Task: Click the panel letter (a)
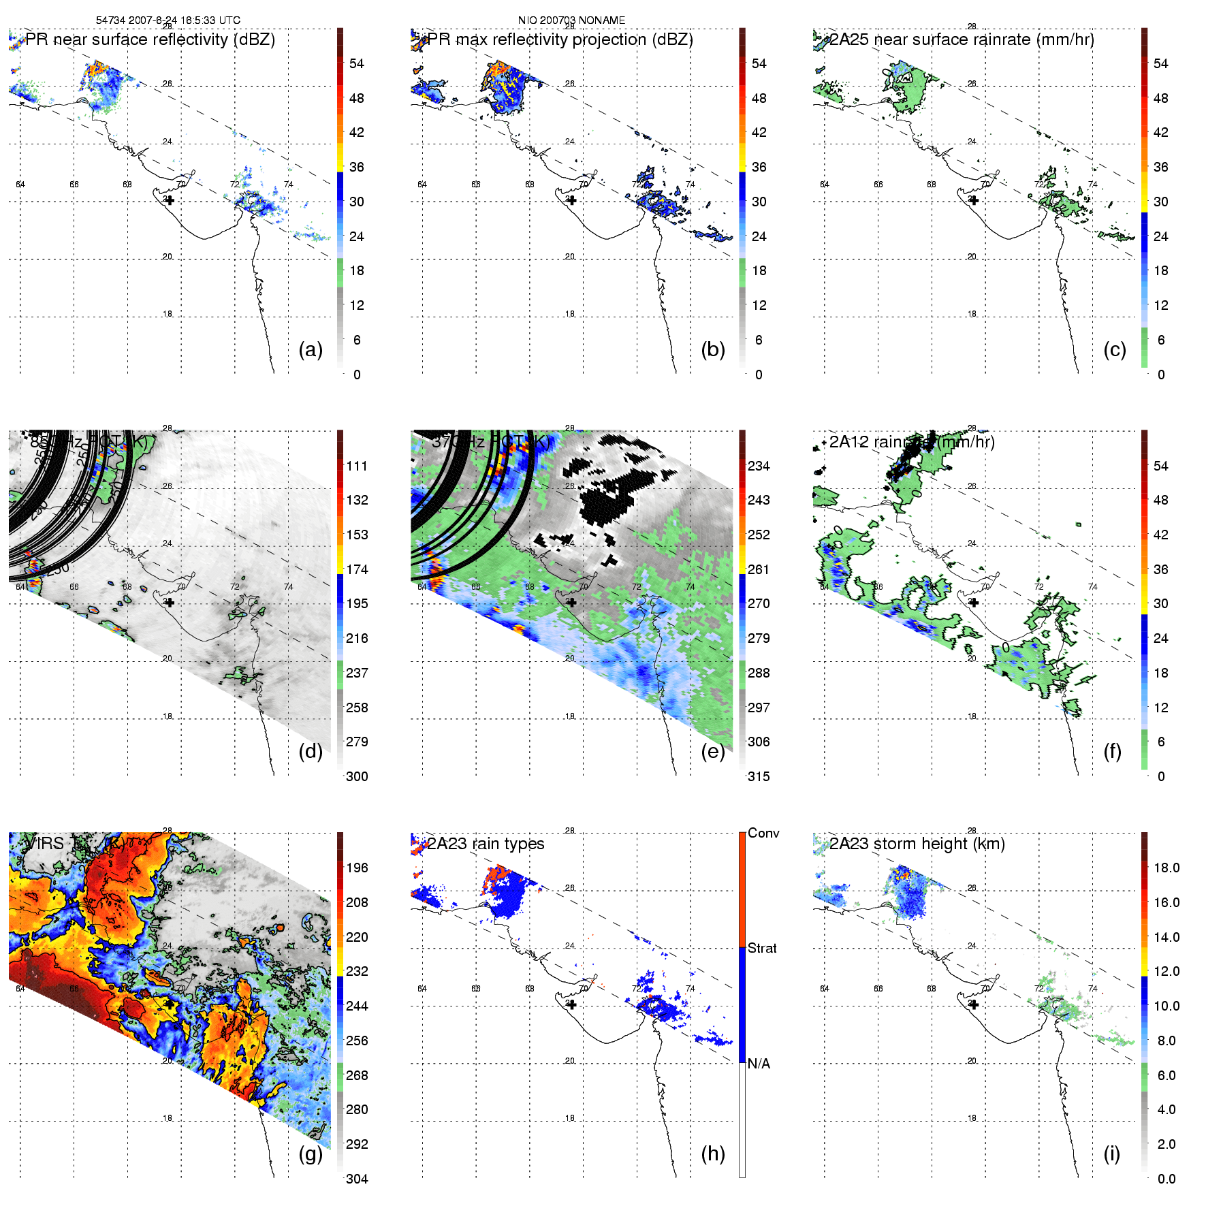[311, 349]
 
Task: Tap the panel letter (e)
[713, 751]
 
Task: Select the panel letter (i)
[1111, 1154]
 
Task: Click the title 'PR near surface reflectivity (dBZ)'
[150, 39]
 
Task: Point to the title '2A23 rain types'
[486, 844]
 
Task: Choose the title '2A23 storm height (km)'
[917, 844]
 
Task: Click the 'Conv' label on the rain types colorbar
[763, 833]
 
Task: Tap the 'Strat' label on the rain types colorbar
[762, 948]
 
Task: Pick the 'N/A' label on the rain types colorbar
[759, 1064]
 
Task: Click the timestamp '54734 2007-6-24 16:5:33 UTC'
[168, 20]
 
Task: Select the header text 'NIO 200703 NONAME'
[571, 20]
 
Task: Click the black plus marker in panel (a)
[170, 200]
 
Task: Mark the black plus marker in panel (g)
[170, 1004]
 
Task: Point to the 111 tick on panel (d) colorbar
[357, 466]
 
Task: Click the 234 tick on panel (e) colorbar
[759, 466]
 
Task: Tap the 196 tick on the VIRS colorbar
[357, 868]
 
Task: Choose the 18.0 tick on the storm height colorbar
[1166, 868]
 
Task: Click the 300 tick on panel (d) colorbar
[357, 776]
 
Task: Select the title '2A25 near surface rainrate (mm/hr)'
[962, 39]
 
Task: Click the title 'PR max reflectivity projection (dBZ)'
[560, 39]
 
